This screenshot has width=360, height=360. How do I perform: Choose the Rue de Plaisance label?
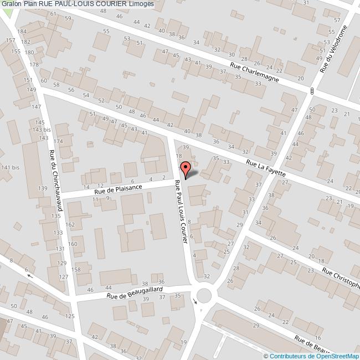(118, 189)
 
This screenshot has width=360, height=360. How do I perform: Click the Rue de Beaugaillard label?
(135, 292)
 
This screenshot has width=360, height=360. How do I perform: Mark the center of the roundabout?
(204, 293)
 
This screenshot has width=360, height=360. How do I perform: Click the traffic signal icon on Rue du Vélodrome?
(313, 90)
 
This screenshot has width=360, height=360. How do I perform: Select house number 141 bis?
(10, 167)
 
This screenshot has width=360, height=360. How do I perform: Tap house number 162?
(70, 225)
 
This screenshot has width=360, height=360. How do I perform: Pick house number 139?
(42, 189)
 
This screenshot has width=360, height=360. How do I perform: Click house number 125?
(70, 316)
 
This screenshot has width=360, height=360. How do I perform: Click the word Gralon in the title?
(11, 4)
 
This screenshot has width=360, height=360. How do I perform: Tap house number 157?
(10, 41)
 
